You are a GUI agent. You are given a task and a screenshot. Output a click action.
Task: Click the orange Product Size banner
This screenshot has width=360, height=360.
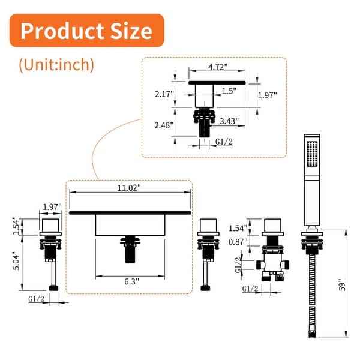(x=86, y=31)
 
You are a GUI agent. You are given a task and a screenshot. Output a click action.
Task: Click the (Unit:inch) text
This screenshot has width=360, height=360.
(x=56, y=65)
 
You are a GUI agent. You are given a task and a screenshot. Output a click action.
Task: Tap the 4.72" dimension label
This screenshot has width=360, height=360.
(x=218, y=67)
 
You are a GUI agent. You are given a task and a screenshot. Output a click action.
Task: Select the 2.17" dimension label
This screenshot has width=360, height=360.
(x=164, y=94)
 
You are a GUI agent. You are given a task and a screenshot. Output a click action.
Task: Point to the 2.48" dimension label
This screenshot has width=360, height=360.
(x=164, y=125)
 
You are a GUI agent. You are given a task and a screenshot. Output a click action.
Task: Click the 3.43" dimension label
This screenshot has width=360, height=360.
(x=229, y=121)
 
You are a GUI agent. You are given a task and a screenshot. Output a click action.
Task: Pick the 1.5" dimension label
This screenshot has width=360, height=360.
(x=229, y=91)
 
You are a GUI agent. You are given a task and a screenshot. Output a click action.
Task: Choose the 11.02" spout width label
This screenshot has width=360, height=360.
(x=129, y=188)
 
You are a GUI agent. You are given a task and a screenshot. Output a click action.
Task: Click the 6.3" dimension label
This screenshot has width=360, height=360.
(x=131, y=281)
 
